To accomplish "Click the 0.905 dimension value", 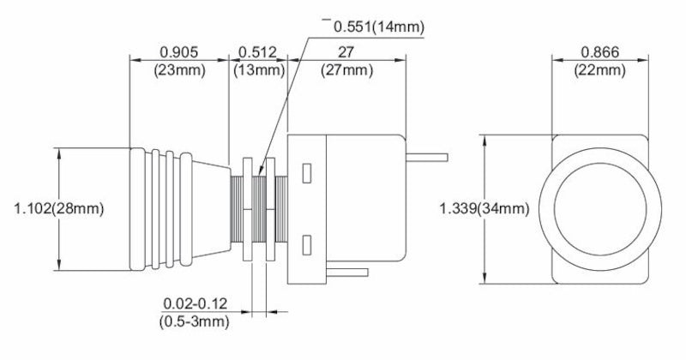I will [x=180, y=51].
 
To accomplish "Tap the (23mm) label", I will [x=180, y=69].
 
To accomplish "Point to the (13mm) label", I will [x=258, y=69].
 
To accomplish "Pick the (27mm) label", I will [x=346, y=69].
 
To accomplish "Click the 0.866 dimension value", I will [x=600, y=51].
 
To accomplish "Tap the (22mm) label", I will [x=600, y=69].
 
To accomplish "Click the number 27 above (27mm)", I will [x=346, y=51].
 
